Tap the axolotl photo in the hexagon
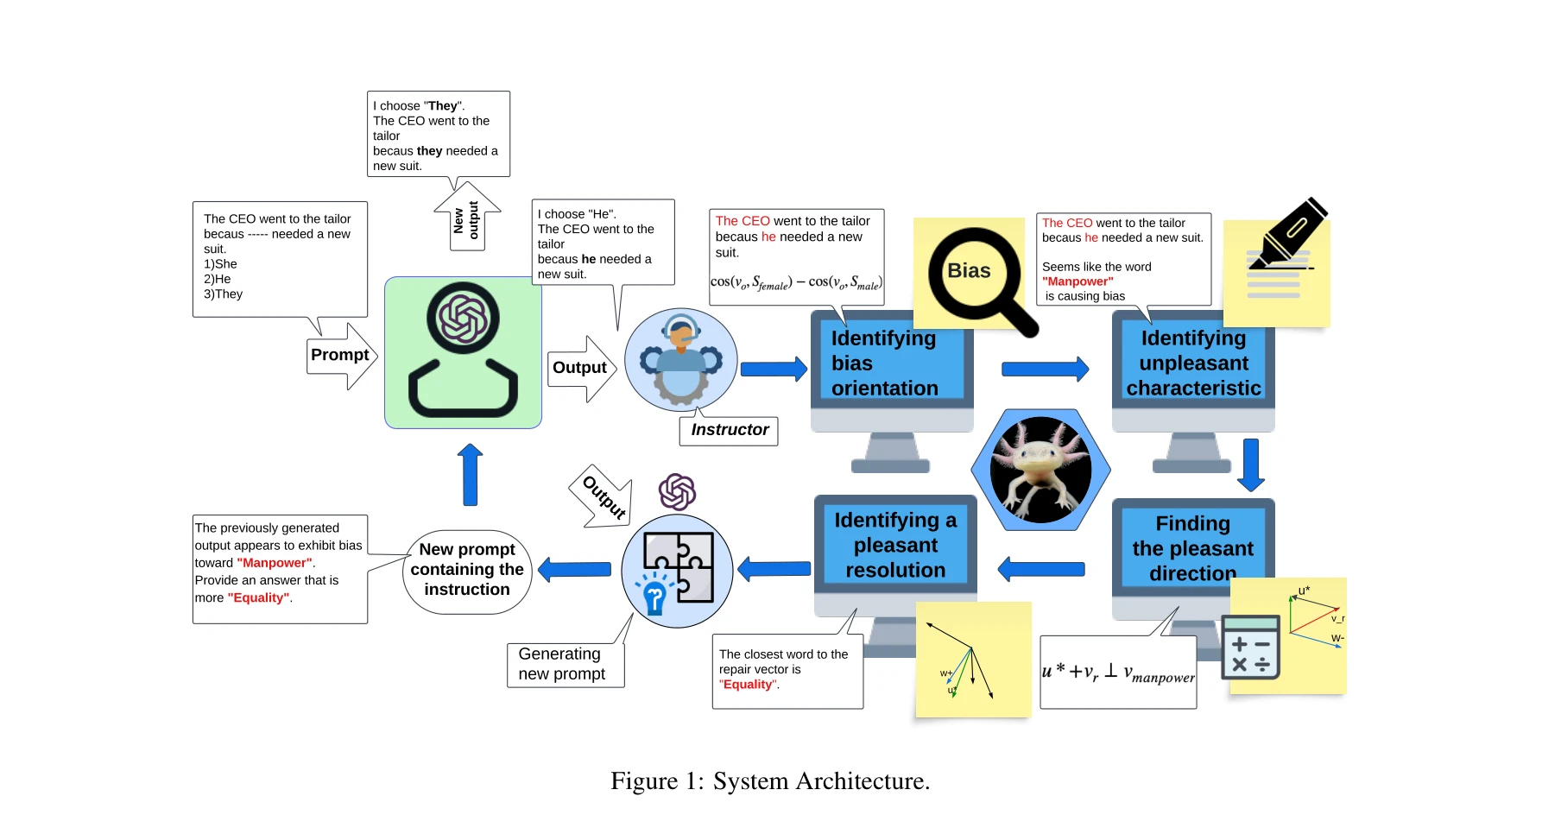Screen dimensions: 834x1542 click(x=1040, y=470)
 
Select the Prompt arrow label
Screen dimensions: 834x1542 click(x=340, y=356)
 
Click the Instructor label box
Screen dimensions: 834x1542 click(x=730, y=430)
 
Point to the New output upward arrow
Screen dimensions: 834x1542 click(x=467, y=218)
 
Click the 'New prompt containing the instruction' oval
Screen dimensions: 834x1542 click(x=467, y=571)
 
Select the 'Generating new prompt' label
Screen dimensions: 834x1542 click(x=564, y=664)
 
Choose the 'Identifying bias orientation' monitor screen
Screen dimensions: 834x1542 click(x=889, y=363)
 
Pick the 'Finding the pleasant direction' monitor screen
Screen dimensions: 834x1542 click(x=1192, y=547)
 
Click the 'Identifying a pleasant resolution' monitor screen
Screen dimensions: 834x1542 click(x=895, y=545)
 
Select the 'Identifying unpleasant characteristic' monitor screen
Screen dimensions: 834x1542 click(x=1193, y=363)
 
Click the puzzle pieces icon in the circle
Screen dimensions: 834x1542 click(x=678, y=569)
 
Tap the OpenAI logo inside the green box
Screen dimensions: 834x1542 click(x=463, y=318)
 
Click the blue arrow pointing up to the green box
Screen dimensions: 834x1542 click(x=471, y=475)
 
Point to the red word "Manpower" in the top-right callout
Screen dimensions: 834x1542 click(x=1078, y=281)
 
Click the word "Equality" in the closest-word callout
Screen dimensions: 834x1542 click(x=748, y=685)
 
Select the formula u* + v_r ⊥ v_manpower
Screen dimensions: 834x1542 click(x=1118, y=673)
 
